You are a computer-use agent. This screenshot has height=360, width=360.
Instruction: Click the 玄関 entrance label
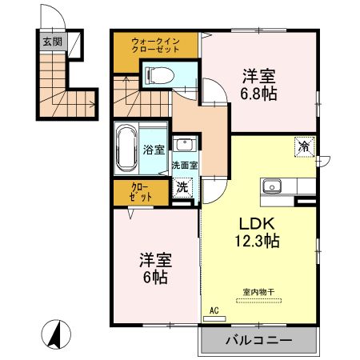[x=52, y=42]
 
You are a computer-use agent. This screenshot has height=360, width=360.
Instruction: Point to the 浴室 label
[x=154, y=149]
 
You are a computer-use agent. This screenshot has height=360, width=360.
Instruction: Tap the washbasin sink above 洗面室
[x=185, y=146]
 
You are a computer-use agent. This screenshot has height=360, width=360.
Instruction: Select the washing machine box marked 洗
[x=183, y=189]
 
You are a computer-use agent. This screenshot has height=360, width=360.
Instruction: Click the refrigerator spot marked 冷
[x=304, y=146]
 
